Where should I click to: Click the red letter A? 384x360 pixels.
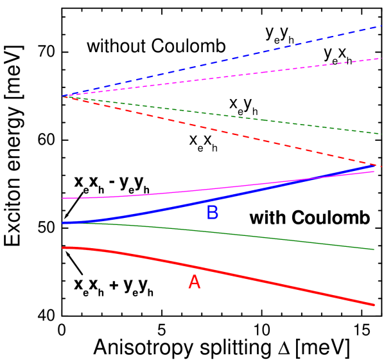pyautogui.click(x=194, y=282)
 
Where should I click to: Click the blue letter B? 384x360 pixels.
pyautogui.click(x=213, y=213)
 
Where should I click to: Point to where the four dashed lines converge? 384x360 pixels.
pyautogui.click(x=63, y=96)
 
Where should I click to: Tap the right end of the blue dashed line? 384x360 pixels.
pyautogui.click(x=381, y=26)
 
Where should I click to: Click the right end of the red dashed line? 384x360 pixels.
pyautogui.click(x=380, y=166)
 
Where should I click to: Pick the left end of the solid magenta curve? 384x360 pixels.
pyautogui.click(x=63, y=198)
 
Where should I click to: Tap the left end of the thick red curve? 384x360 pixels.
pyautogui.click(x=63, y=248)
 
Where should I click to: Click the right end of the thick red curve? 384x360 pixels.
pyautogui.click(x=374, y=305)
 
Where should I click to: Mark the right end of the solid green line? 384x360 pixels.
pyautogui.click(x=374, y=249)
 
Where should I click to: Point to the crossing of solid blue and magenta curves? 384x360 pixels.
pyautogui.click(x=316, y=178)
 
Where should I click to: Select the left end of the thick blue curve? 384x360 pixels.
pyautogui.click(x=63, y=222)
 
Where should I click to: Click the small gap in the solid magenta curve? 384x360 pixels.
pyautogui.click(x=79, y=198)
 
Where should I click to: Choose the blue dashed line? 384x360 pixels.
pyautogui.click(x=225, y=61)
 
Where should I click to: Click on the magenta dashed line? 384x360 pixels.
pyautogui.click(x=225, y=77)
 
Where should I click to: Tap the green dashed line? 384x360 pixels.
pyautogui.click(x=225, y=116)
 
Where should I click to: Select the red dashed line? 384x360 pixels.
pyautogui.click(x=225, y=132)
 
